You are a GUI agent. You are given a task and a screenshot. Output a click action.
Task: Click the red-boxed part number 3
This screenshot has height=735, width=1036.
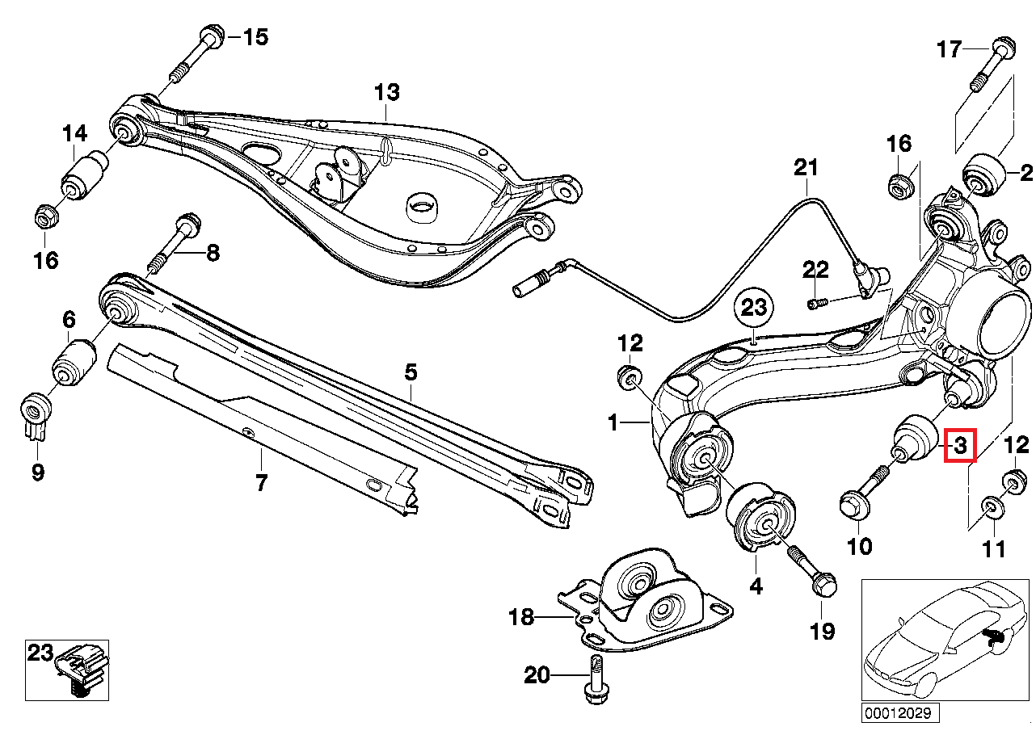coord(960,445)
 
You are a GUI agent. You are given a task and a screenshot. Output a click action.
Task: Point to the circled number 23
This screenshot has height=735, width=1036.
coord(753,308)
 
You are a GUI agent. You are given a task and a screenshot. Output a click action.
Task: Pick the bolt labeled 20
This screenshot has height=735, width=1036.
coord(594,678)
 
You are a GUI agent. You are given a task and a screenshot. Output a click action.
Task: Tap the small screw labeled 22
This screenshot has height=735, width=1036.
coord(818,303)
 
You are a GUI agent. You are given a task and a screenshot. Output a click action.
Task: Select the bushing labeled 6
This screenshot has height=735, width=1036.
coord(74,361)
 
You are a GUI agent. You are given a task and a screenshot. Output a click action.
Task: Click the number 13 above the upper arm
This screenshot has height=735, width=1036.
coord(386,92)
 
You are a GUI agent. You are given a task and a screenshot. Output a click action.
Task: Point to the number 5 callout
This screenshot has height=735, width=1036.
coord(411,372)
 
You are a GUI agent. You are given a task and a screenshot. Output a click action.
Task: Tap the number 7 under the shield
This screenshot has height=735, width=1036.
coord(261,484)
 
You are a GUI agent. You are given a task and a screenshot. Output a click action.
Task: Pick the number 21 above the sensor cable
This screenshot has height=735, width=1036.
coord(805,168)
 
